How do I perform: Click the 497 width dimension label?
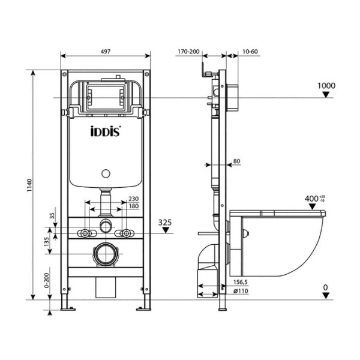tap(106, 52)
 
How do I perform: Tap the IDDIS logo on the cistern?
tap(106, 133)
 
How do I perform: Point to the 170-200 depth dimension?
tap(188, 52)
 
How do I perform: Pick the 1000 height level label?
tap(326, 86)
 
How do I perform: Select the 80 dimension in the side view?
tap(236, 161)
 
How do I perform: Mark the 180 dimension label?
tap(133, 208)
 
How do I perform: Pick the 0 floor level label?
tap(325, 288)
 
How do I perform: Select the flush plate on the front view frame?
tap(106, 97)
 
